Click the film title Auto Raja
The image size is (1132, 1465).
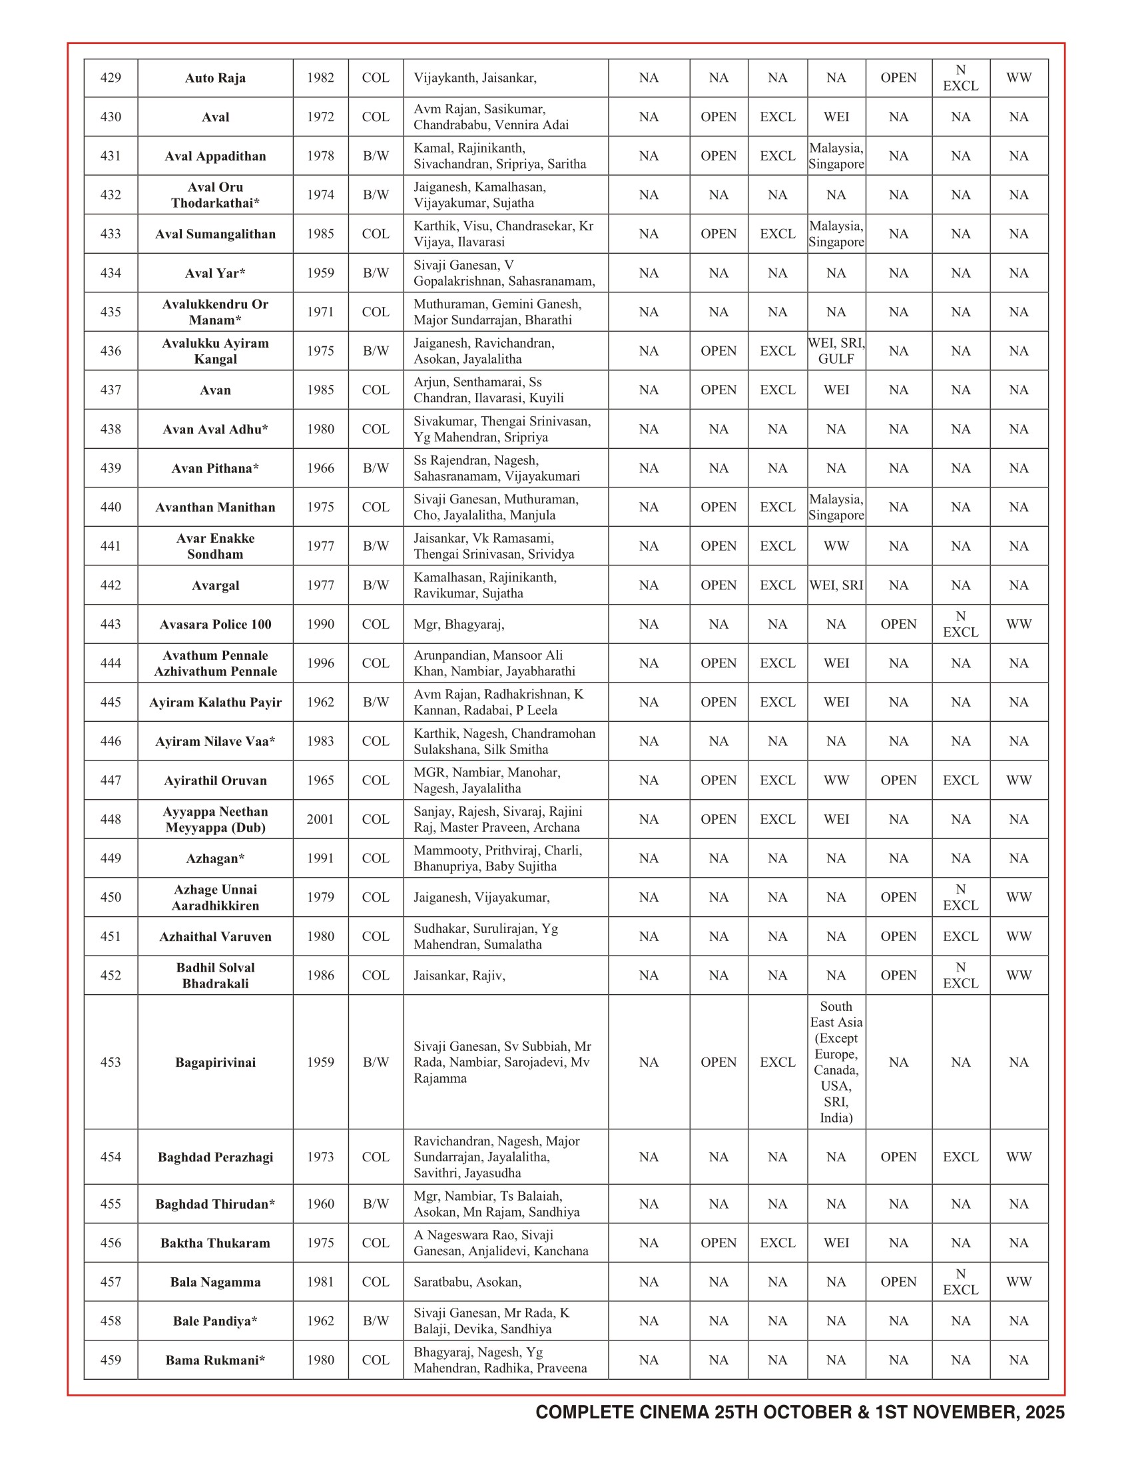(215, 79)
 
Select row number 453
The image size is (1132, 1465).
(111, 1062)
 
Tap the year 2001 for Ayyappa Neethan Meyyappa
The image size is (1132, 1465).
(320, 819)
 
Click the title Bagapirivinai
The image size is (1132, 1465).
(215, 1062)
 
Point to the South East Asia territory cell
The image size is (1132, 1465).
(836, 1062)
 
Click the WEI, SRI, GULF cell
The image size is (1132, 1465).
(836, 351)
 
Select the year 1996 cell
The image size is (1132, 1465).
(320, 663)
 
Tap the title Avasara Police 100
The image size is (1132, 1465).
(215, 625)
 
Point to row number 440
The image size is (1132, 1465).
(111, 507)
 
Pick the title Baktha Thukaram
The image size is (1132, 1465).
(215, 1243)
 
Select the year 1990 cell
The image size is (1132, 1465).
(320, 624)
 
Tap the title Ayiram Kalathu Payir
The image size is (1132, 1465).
(215, 703)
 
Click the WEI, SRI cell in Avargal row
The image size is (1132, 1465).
(836, 585)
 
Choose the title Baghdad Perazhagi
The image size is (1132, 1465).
(215, 1157)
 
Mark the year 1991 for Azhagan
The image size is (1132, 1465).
(320, 858)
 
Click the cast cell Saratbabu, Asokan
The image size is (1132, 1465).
(467, 1282)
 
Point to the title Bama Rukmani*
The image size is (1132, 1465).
(215, 1360)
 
